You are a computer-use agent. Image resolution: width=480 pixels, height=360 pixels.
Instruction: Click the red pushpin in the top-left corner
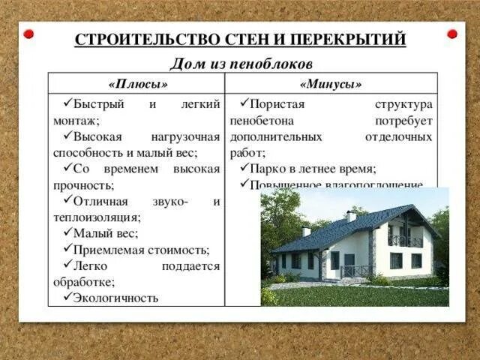click(28, 34)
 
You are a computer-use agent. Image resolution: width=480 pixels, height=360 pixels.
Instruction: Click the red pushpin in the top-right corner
click(451, 34)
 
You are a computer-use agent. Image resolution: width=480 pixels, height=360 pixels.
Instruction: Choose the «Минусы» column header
click(330, 84)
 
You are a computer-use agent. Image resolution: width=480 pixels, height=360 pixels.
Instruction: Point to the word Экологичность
click(116, 298)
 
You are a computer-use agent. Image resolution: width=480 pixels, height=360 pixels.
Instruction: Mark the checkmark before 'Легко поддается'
click(67, 265)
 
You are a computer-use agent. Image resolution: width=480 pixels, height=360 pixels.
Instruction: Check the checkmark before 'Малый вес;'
click(67, 233)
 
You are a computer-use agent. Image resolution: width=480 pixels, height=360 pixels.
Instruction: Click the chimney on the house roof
click(351, 215)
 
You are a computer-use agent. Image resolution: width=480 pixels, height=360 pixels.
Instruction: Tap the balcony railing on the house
click(404, 241)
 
